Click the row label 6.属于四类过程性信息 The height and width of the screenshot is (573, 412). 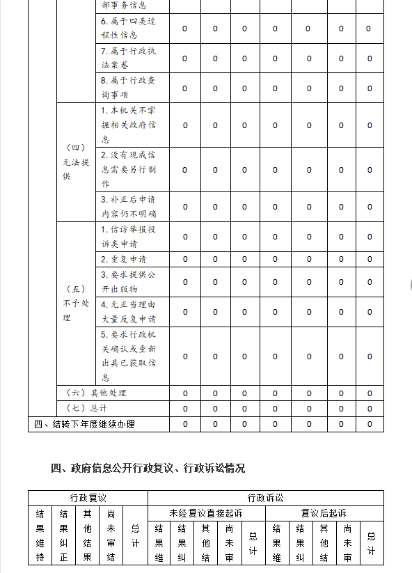coord(128,29)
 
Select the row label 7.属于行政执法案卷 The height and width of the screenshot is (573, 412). coord(128,58)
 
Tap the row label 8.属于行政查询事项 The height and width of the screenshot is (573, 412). coord(128,88)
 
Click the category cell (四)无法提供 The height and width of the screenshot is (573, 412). coord(76,162)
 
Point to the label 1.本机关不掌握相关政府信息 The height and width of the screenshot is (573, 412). coord(128,125)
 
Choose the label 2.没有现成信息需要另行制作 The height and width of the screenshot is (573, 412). coord(128,169)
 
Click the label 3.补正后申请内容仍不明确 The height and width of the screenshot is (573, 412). coord(128,207)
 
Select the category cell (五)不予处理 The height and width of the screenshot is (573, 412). coord(76,304)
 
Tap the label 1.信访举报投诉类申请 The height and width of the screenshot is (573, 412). coord(128,237)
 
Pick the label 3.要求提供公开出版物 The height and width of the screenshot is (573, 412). coord(128,281)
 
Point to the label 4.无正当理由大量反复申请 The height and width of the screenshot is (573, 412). coord(128,311)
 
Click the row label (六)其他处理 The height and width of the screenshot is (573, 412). coord(96,393)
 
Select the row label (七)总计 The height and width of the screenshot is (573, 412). coord(86,409)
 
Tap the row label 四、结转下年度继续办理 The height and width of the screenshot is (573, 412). coord(84,424)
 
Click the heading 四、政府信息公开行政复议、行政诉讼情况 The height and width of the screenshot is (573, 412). coord(148,468)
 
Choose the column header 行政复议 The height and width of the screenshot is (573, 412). coord(88,498)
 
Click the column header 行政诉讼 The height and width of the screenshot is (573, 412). coord(265,498)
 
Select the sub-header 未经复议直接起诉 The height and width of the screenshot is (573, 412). coord(206,513)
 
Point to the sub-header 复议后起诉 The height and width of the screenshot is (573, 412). coord(324,513)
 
